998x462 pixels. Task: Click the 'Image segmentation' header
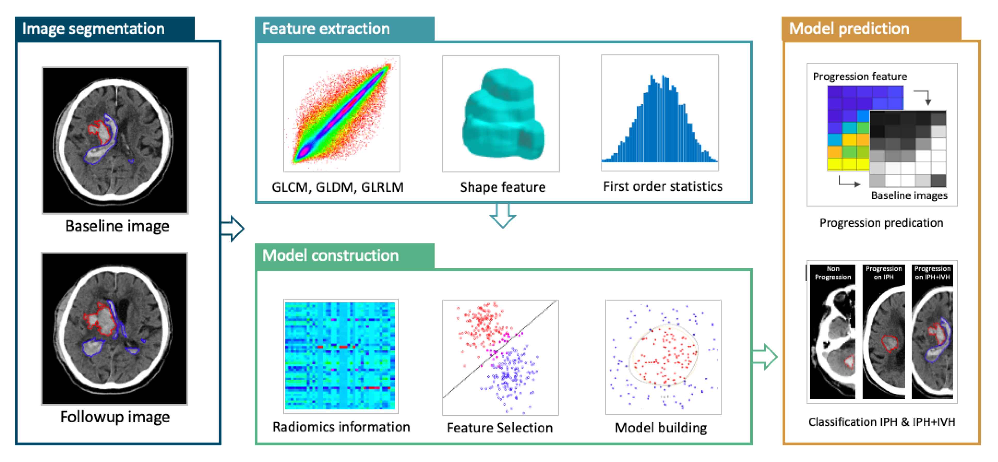[93, 29]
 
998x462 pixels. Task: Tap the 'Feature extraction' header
[326, 29]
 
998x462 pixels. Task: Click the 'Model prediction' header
[849, 29]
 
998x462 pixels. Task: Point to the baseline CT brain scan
[115, 140]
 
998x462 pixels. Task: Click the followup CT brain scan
[115, 328]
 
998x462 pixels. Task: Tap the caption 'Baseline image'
[117, 226]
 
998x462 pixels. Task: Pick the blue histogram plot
[659, 120]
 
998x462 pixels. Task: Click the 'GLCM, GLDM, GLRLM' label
[338, 187]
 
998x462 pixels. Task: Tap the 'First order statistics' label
[663, 187]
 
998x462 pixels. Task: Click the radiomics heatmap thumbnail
[340, 356]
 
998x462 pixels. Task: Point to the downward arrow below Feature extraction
[503, 216]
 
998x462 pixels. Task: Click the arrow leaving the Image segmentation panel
[233, 228]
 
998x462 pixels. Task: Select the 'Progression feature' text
[860, 77]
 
